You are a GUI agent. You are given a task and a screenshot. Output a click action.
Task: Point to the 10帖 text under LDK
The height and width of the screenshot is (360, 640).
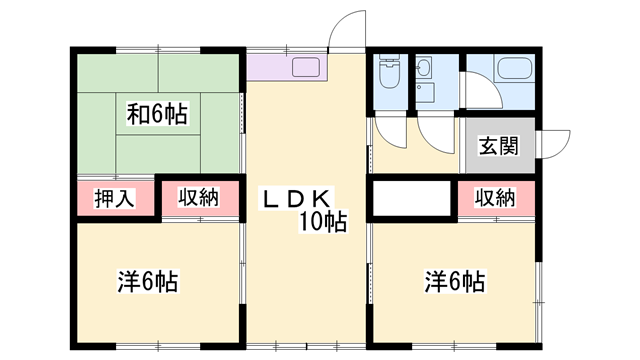tap(320, 223)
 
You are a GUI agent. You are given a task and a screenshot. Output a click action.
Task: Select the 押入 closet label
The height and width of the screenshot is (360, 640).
tap(116, 198)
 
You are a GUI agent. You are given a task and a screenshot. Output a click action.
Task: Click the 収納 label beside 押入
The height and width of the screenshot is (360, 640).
tap(198, 198)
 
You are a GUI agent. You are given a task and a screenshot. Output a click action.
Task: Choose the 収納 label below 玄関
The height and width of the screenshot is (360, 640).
tap(494, 198)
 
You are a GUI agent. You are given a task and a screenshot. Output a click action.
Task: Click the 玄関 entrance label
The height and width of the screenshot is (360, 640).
tap(498, 146)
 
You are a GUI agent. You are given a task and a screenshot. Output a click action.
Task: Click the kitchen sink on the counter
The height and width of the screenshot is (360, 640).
tap(305, 68)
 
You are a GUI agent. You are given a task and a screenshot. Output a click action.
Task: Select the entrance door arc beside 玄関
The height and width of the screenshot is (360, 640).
tap(553, 143)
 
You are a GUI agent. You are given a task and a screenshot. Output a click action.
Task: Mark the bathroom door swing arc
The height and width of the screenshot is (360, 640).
tap(478, 92)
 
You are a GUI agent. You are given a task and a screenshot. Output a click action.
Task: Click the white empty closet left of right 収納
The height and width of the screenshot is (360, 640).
tap(413, 198)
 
